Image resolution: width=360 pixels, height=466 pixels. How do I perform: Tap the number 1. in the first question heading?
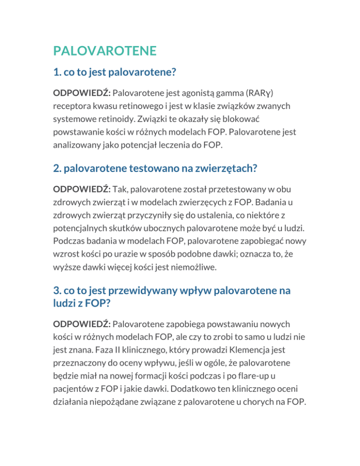pyautogui.click(x=58, y=73)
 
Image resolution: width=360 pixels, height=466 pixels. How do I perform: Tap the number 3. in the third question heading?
pyautogui.click(x=58, y=291)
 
